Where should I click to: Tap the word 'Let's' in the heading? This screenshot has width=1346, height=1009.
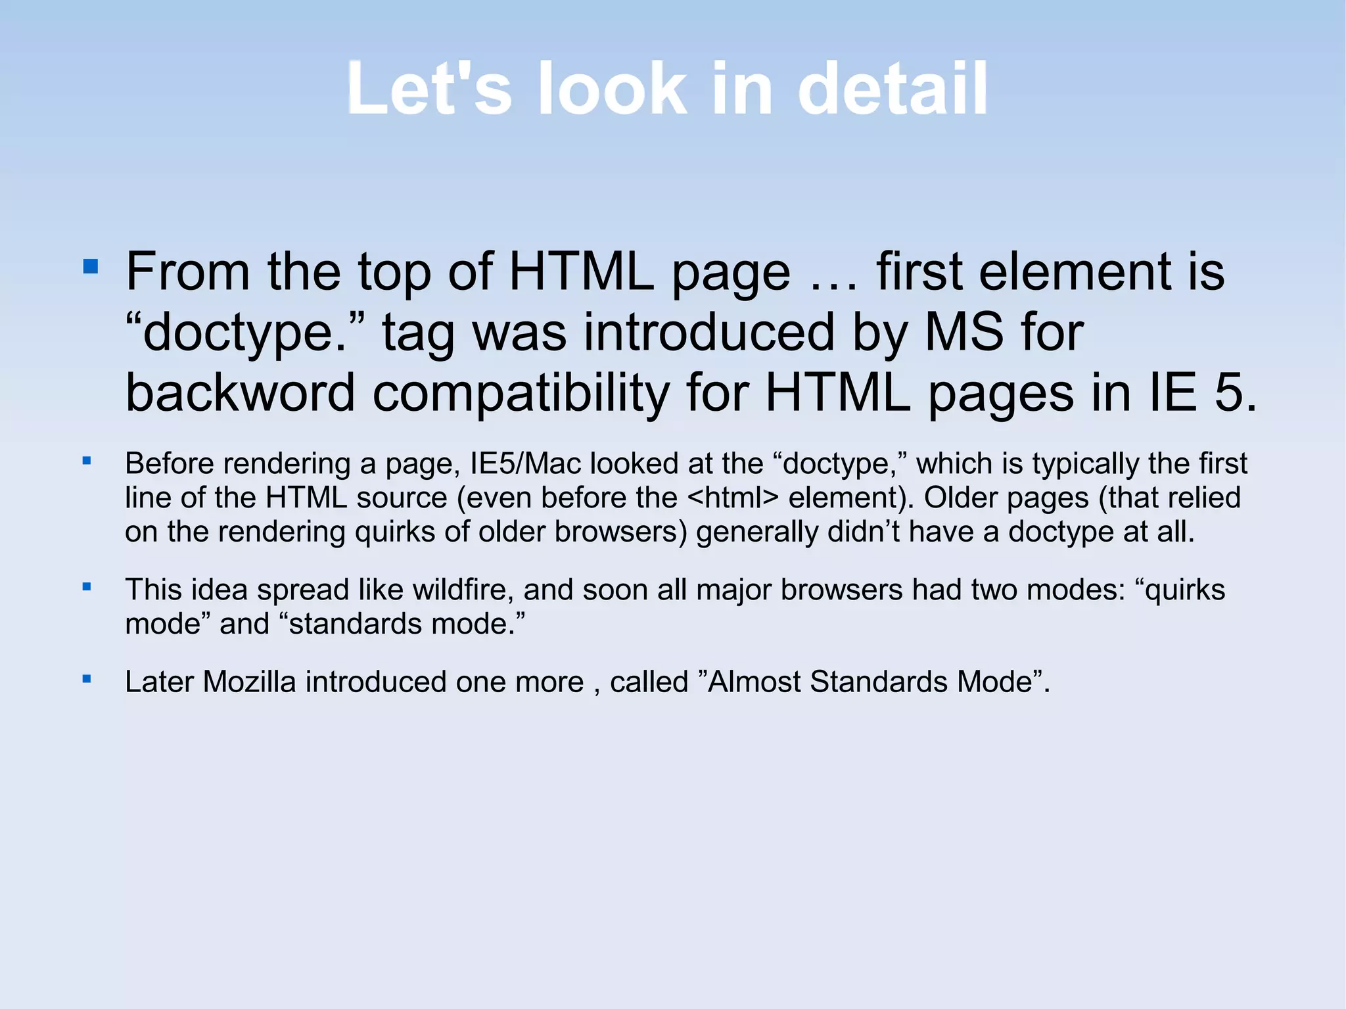[x=429, y=89]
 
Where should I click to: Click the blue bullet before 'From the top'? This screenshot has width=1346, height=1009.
[x=91, y=266]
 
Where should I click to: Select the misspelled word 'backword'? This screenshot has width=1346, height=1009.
[x=241, y=392]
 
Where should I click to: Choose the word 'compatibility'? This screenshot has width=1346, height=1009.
[x=521, y=394]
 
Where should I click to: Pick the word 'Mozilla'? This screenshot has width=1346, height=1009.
[x=250, y=682]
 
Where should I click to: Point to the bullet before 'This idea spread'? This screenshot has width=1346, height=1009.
[x=86, y=586]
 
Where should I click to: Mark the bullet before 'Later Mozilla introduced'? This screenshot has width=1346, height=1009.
[x=86, y=678]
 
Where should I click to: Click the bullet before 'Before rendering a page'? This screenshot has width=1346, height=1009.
[x=86, y=461]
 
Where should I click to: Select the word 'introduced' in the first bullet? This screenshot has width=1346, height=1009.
[x=709, y=332]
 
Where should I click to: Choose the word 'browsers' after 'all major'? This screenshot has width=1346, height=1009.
[x=842, y=590]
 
